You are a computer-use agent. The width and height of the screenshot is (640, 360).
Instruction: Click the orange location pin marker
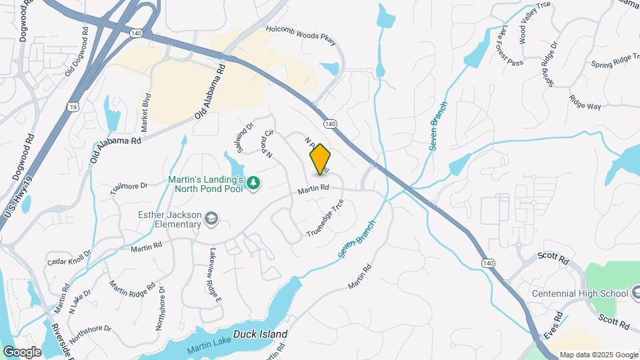pos(321,159)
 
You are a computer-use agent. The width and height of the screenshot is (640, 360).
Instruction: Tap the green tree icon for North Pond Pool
pos(253,183)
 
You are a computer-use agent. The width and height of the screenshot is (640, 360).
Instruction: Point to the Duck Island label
pos(260,334)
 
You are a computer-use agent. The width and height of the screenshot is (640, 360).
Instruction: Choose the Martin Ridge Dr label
pos(131,285)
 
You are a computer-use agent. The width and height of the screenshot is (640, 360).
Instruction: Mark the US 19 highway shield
pos(71,107)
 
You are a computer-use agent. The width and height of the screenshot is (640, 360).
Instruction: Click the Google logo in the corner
pos(21,351)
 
